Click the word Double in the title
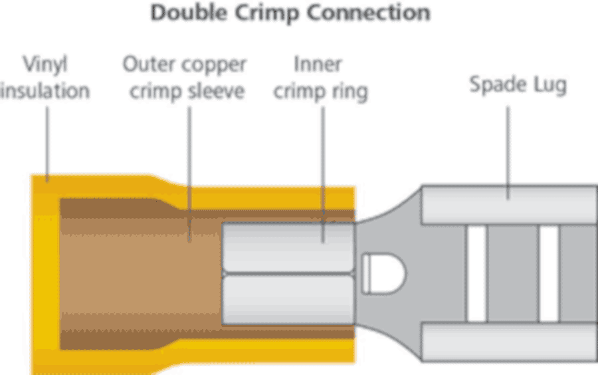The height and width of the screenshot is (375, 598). tap(188, 13)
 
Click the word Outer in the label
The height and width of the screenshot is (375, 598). tap(148, 65)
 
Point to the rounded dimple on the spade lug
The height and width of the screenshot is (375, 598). tap(384, 273)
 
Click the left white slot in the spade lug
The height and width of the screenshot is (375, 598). tap(476, 273)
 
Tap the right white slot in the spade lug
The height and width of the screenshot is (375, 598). tap(548, 273)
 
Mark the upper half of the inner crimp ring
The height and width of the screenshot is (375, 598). tap(288, 245)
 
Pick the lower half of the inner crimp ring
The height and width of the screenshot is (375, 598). tap(288, 301)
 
